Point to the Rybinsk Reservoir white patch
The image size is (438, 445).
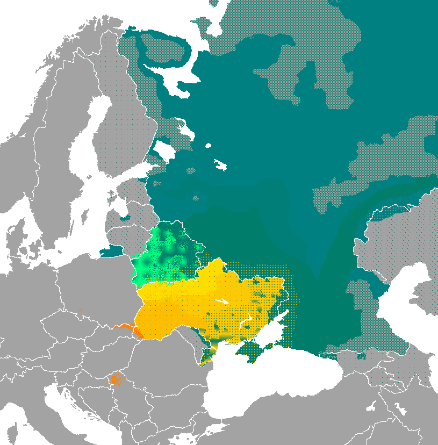coord(220,164)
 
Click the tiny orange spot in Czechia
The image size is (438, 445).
coord(81,311)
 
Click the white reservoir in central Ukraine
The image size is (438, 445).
coord(220,301)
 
